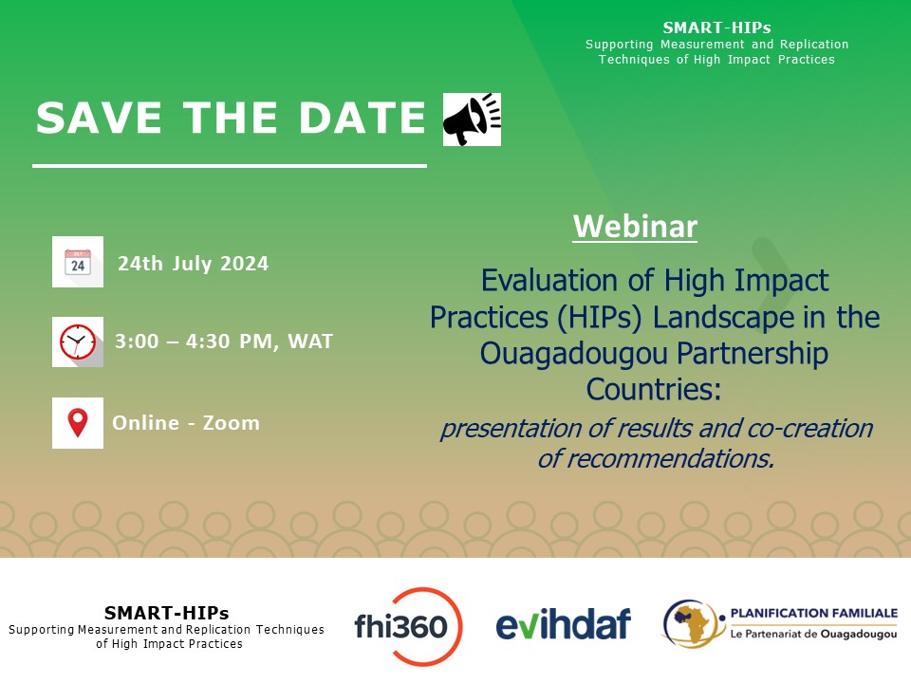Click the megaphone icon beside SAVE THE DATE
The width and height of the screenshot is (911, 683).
tap(472, 120)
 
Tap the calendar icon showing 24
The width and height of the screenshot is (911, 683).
tap(78, 262)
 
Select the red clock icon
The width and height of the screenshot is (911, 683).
tap(78, 341)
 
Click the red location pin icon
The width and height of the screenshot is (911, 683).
tap(78, 423)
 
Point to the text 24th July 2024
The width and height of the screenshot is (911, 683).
tap(193, 264)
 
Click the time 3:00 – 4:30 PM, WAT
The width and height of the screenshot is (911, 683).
tap(223, 341)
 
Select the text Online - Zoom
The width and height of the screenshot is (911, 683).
tap(186, 423)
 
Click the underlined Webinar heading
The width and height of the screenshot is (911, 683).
tap(635, 227)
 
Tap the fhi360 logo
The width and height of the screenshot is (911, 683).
tap(407, 625)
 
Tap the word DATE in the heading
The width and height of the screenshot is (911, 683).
tap(364, 119)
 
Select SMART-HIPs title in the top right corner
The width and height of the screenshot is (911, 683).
tap(716, 28)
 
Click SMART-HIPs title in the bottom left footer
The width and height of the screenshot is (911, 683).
tap(166, 613)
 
